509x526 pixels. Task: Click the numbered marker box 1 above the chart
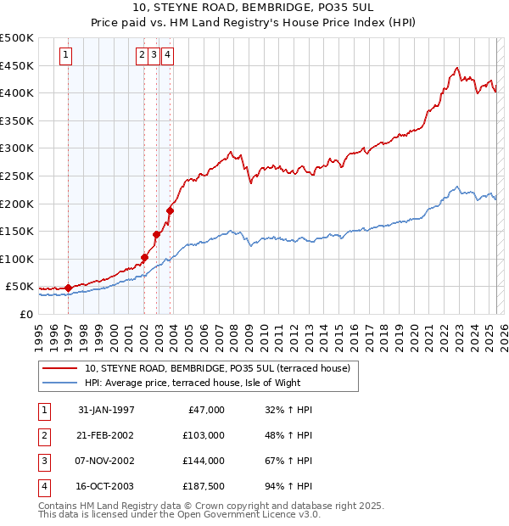66,56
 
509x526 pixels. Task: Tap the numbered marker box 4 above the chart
168,56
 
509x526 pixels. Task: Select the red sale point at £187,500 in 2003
170,210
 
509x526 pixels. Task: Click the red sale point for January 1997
69,288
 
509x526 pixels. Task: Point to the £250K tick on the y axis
18,176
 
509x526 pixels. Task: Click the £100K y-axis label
18,259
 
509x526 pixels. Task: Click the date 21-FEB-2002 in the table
106,435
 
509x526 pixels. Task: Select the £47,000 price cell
204,410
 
